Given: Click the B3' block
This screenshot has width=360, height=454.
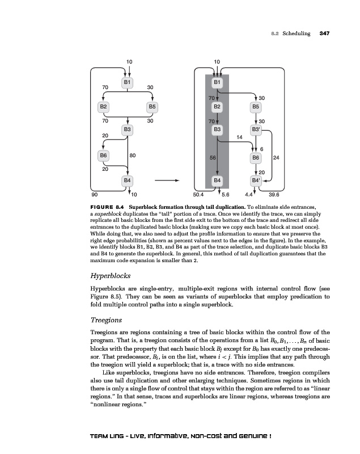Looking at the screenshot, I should [x=256, y=130].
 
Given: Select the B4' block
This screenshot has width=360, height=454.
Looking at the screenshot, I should [x=256, y=180].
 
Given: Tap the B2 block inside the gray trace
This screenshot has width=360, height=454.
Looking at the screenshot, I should [x=217, y=106].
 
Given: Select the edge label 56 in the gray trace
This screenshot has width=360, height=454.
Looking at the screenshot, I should [x=212, y=155].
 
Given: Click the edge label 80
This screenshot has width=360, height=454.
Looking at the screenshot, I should [x=132, y=155].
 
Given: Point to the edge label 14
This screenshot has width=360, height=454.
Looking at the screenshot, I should [x=239, y=137].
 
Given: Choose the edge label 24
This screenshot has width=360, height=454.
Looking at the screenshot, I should [x=276, y=156].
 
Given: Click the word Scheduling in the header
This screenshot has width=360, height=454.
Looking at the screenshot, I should [x=297, y=33].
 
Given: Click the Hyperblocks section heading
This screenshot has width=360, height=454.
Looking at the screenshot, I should [x=112, y=277].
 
